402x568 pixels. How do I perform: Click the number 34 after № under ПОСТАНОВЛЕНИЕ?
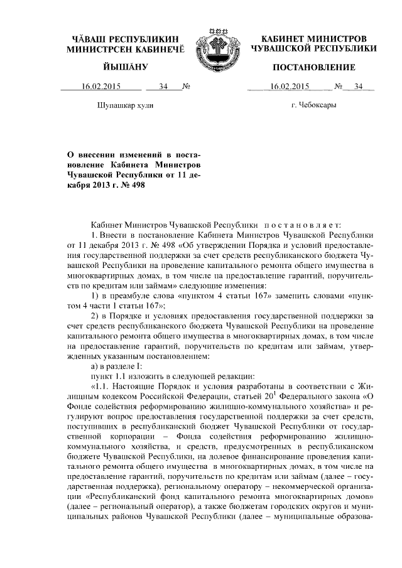(x=359, y=87)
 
